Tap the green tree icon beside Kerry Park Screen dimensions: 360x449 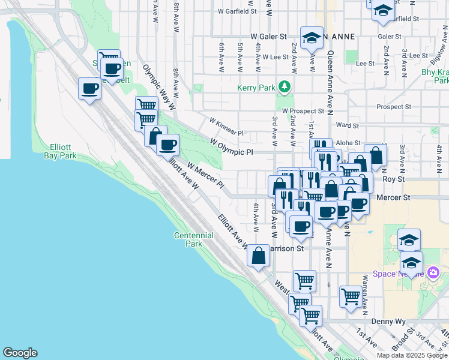pos(285,88)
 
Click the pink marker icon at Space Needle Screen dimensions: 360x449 pos(434,274)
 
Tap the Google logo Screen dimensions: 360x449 pos(20,353)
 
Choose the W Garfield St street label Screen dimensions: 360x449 pos(237,11)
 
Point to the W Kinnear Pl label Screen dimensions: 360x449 pos(226,127)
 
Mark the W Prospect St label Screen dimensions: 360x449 pos(303,111)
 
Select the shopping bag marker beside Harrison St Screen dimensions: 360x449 pos(259,256)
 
